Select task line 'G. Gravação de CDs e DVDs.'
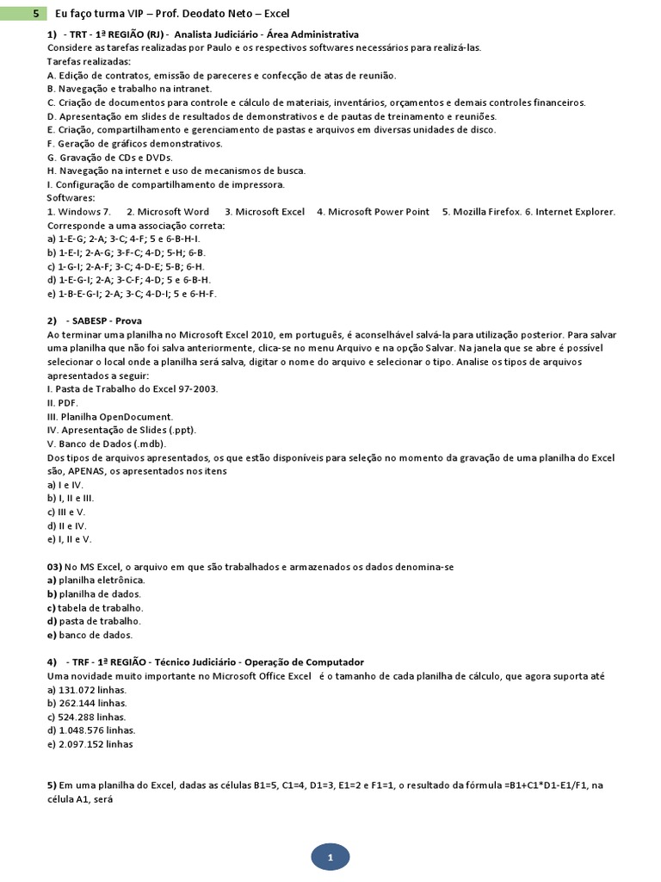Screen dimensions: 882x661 point(110,158)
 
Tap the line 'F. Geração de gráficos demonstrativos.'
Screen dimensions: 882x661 point(135,144)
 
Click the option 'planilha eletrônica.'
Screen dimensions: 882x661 point(96,581)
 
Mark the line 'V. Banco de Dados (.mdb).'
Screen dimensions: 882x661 point(107,444)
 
